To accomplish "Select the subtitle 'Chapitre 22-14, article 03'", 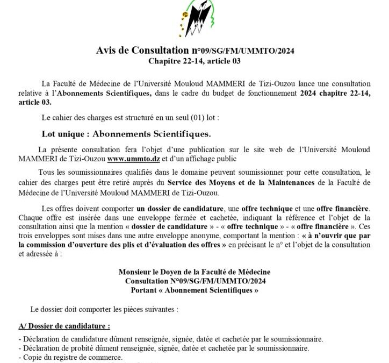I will pyautogui.click(x=195, y=61).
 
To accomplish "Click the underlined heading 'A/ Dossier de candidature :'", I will pyautogui.click(x=64, y=326).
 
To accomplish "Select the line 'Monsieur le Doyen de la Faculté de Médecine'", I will pyautogui.click(x=195, y=273).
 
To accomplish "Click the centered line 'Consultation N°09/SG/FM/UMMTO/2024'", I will pyautogui.click(x=195, y=281).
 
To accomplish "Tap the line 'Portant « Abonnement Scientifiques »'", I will pyautogui.click(x=195, y=290).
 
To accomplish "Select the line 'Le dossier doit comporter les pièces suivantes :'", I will pyautogui.click(x=104, y=310).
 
